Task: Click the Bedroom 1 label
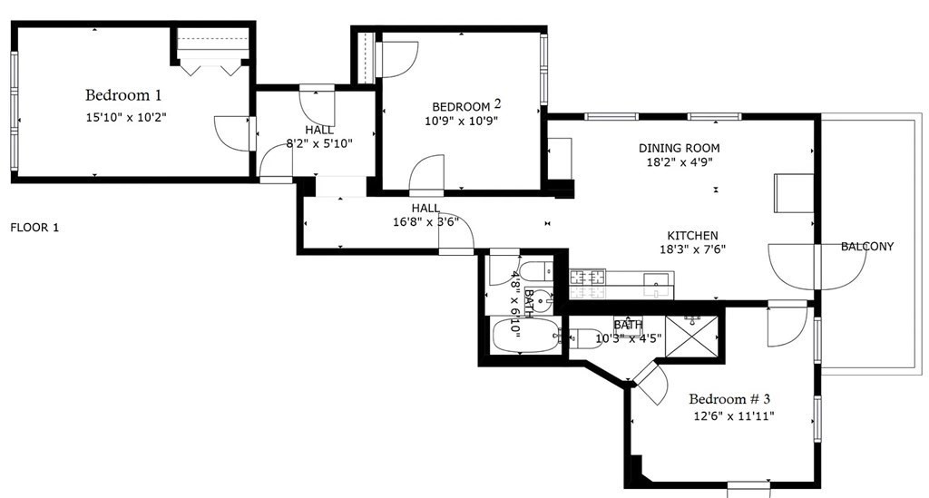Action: point(123,94)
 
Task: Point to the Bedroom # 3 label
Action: point(729,399)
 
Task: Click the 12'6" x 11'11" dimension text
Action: point(735,416)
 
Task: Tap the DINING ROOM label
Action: point(679,148)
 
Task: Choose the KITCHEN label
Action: point(693,235)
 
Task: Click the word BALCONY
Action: point(866,247)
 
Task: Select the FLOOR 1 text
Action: point(34,228)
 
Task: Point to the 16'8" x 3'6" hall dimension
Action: point(425,221)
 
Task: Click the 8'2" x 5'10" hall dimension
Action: point(319,142)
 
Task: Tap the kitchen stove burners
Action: point(587,284)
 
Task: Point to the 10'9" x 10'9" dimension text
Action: point(462,120)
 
